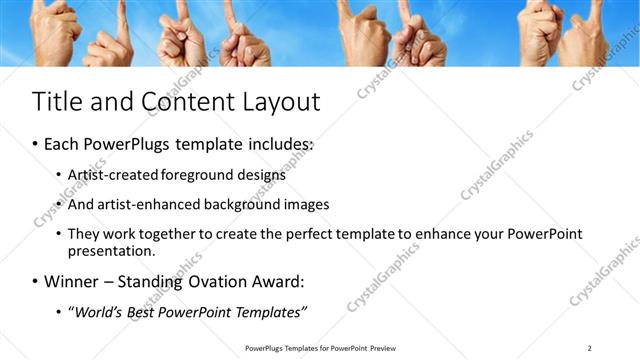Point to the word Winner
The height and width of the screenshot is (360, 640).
click(x=75, y=281)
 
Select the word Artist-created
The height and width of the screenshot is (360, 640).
click(x=111, y=174)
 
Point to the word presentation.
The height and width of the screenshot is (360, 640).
click(x=111, y=251)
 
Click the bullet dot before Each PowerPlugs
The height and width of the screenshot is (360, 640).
click(x=36, y=145)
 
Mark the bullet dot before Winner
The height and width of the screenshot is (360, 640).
click(x=36, y=281)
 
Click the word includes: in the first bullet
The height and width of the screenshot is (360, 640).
click(x=281, y=145)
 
